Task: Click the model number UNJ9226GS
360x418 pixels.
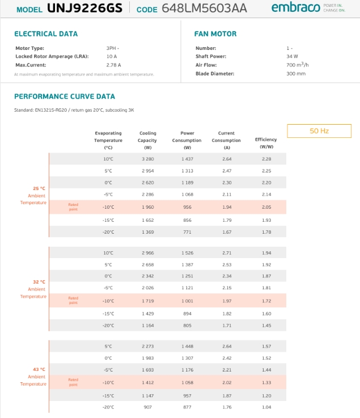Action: (x=84, y=9)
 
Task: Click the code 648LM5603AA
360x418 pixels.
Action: (x=204, y=9)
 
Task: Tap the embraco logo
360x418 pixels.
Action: (x=295, y=7)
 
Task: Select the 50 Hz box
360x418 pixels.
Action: (x=319, y=131)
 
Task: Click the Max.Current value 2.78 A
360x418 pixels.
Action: (x=113, y=65)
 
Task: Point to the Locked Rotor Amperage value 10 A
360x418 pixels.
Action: (x=111, y=57)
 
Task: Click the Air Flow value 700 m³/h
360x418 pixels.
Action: (x=298, y=65)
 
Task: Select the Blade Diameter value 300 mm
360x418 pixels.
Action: (x=296, y=74)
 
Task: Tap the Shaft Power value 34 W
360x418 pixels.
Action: (x=292, y=57)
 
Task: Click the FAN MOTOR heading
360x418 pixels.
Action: (x=215, y=34)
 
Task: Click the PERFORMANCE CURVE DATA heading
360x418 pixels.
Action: (x=65, y=96)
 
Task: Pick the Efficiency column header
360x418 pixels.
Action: (x=266, y=143)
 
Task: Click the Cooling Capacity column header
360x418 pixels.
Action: (x=147, y=140)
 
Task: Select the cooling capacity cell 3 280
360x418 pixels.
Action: (x=147, y=159)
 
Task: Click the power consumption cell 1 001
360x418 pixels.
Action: (x=187, y=301)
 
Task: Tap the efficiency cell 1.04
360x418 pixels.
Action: (x=266, y=407)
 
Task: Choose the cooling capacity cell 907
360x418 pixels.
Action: (x=147, y=407)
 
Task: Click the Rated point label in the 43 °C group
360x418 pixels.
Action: (x=73, y=382)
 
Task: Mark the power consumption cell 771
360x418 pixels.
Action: (x=187, y=232)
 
